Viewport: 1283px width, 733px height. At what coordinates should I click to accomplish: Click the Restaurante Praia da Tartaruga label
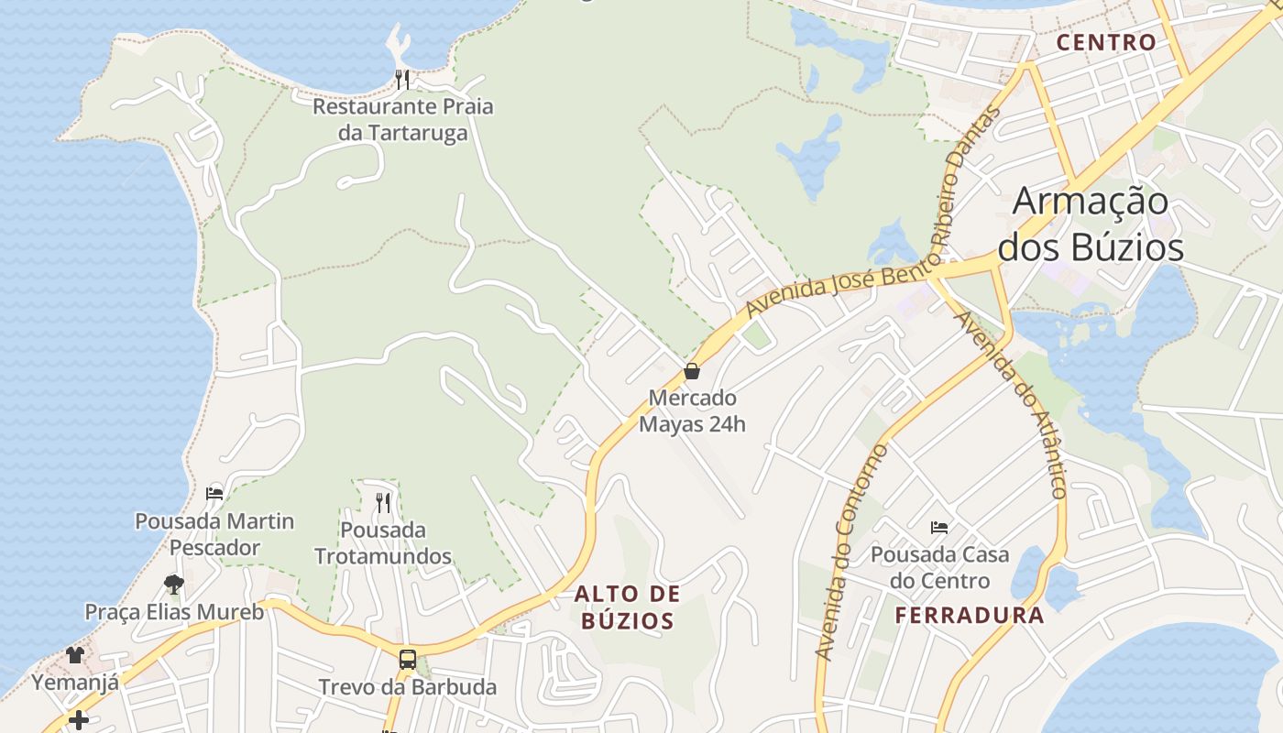coord(402,119)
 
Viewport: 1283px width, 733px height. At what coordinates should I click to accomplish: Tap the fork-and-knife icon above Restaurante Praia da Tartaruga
coord(402,80)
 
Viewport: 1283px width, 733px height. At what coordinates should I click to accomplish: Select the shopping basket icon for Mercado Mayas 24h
coord(692,371)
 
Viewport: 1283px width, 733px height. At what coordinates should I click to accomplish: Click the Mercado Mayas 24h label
coord(692,411)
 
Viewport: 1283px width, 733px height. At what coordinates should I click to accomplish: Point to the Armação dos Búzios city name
coord(1091,224)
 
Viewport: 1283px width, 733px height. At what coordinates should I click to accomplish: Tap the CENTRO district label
coord(1106,42)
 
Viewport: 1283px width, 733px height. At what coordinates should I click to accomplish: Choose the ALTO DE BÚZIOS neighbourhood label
coord(628,607)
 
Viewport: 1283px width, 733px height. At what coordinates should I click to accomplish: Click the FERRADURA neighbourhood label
coord(970,615)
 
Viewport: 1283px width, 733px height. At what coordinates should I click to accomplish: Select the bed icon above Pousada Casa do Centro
coord(939,527)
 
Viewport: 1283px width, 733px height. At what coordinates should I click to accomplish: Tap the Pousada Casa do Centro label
coord(939,567)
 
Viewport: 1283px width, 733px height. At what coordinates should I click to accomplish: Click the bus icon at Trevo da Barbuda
coord(408,659)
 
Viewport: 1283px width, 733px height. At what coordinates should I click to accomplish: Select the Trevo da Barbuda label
coord(408,687)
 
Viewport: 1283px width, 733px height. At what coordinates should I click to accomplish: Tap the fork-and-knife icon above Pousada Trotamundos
coord(383,502)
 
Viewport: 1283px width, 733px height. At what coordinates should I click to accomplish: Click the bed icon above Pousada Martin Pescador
coord(214,493)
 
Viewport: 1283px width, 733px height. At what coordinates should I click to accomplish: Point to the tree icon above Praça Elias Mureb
coord(173,584)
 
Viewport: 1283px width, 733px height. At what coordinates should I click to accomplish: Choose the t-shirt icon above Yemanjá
coord(75,654)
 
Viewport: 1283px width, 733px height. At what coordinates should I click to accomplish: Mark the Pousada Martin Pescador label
coord(214,534)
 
